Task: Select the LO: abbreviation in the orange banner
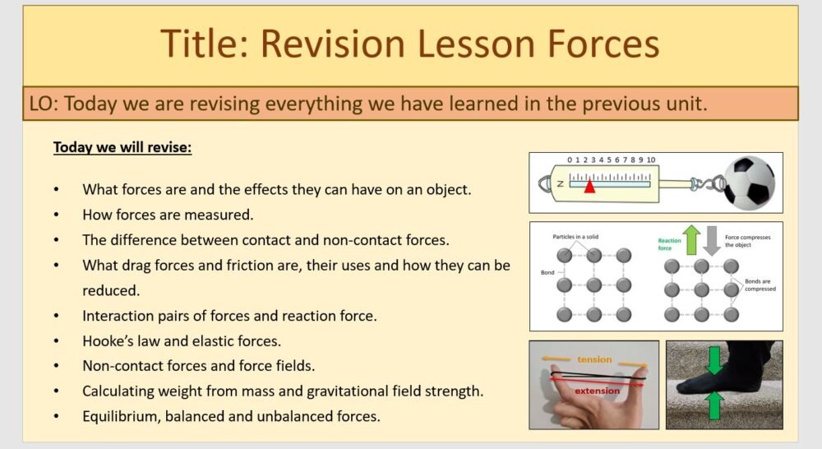(x=44, y=104)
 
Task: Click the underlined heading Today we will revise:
(x=122, y=148)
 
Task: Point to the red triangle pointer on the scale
(x=589, y=187)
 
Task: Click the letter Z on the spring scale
(x=560, y=184)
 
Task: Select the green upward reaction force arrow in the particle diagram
(x=692, y=241)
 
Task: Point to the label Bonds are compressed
(x=760, y=285)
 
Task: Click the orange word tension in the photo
(x=593, y=359)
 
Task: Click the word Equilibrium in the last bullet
(x=120, y=416)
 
